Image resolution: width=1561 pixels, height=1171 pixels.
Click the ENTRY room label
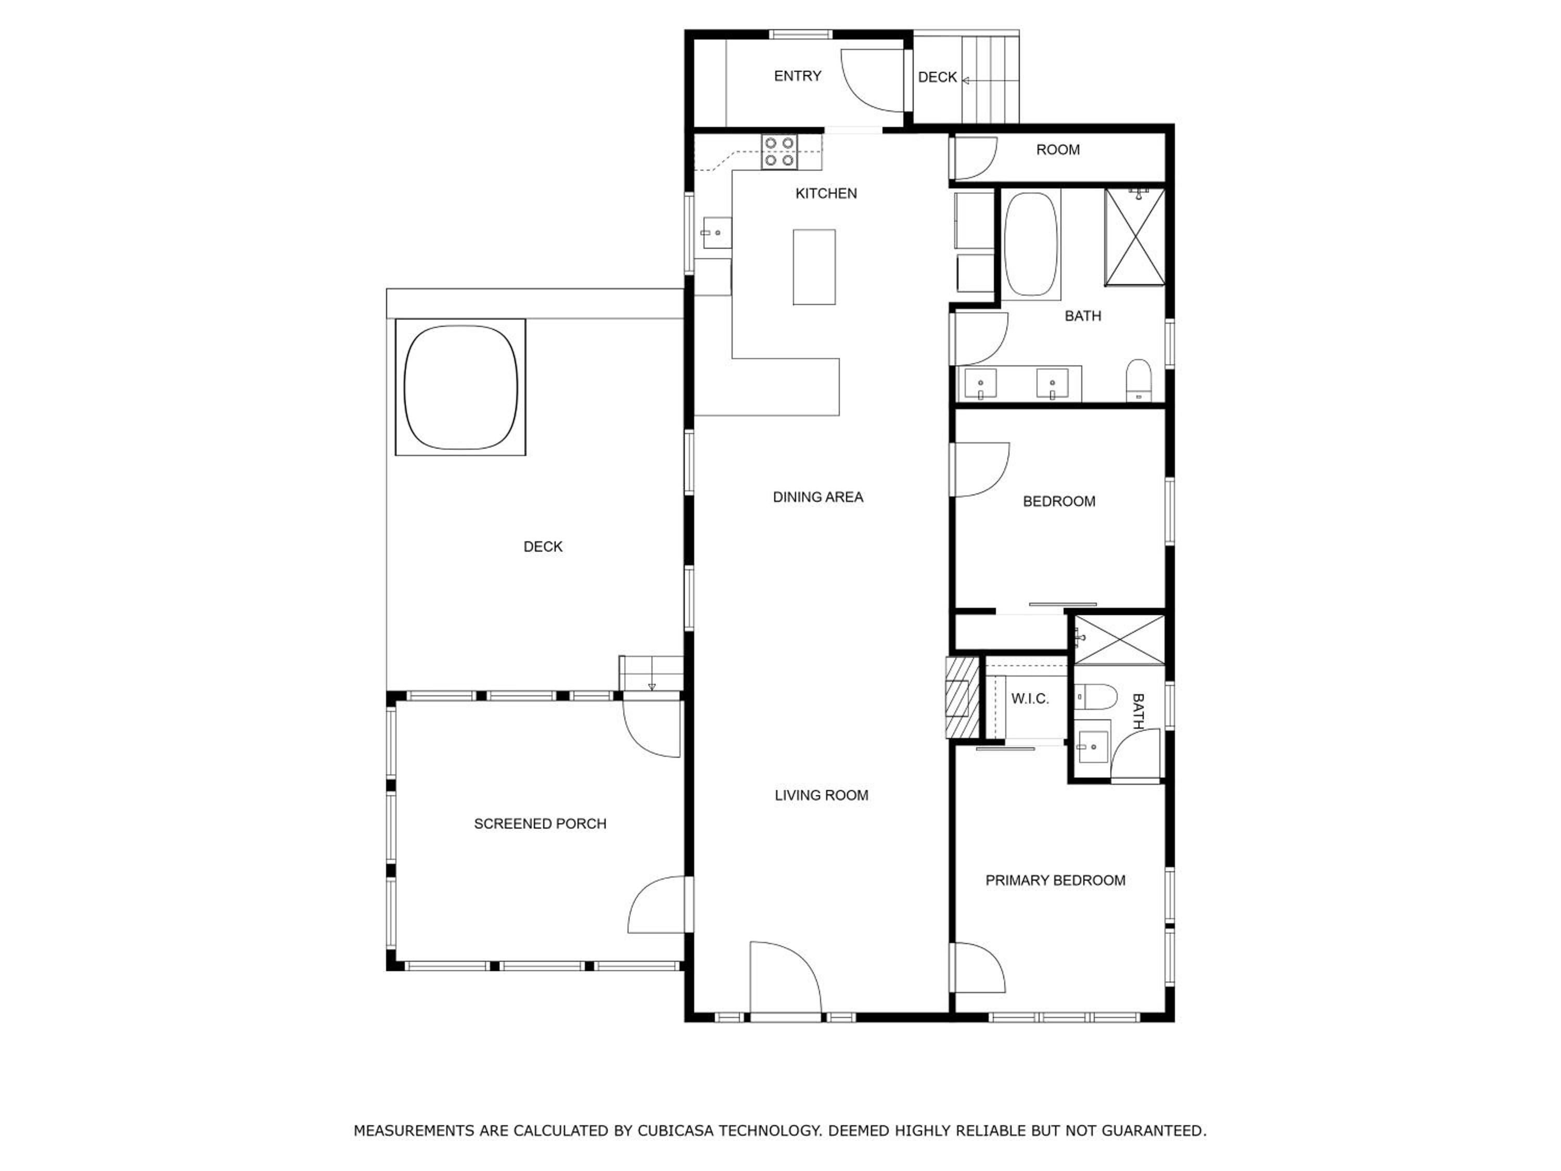[798, 76]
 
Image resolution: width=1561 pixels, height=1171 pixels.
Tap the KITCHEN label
[826, 194]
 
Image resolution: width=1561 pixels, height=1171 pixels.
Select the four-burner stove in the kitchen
[779, 152]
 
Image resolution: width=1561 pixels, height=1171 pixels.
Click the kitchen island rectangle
[814, 267]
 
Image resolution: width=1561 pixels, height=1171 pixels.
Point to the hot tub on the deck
[460, 387]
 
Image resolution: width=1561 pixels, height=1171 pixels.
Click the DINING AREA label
[818, 497]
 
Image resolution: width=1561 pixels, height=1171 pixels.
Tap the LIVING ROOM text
[822, 795]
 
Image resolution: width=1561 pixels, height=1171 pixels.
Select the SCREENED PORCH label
[540, 824]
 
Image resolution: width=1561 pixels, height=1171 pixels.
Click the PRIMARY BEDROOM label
[1055, 880]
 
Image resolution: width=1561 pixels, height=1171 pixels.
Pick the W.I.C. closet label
[1030, 699]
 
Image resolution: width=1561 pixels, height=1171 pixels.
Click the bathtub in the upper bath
[1031, 244]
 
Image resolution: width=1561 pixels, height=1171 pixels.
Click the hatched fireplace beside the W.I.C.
[963, 698]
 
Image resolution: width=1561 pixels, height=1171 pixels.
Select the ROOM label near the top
[1058, 150]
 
